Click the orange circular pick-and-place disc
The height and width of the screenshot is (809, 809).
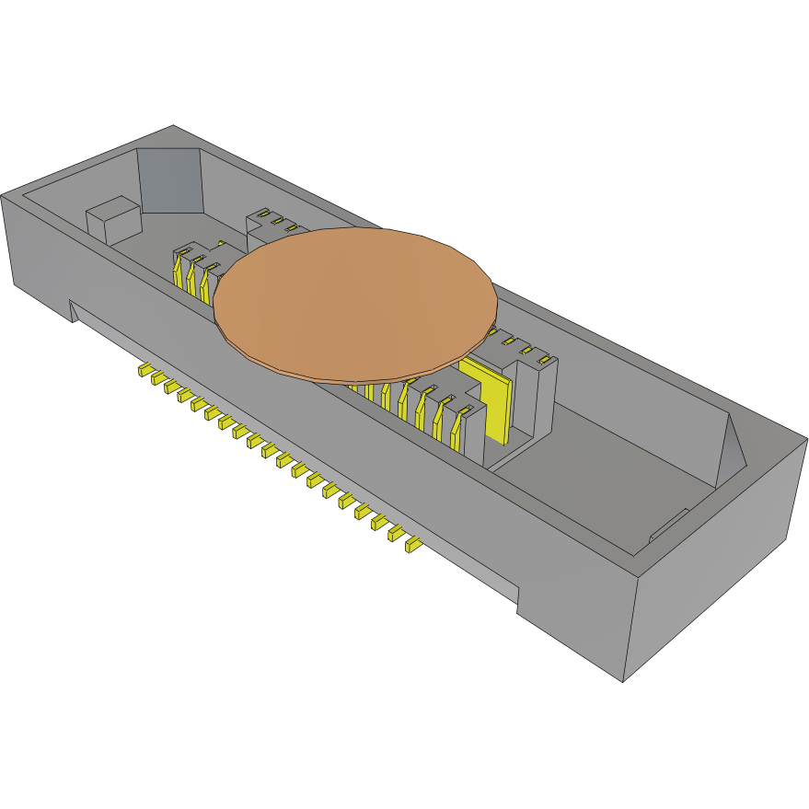tap(355, 302)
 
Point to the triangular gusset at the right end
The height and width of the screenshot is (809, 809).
tap(732, 447)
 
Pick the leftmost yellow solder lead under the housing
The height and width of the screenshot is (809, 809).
tap(145, 371)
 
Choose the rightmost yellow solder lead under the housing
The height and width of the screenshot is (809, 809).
tap(412, 546)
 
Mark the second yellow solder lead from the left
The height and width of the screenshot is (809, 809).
tap(158, 379)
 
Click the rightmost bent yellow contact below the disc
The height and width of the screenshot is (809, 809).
tap(457, 422)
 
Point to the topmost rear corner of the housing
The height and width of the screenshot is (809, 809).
tap(173, 126)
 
